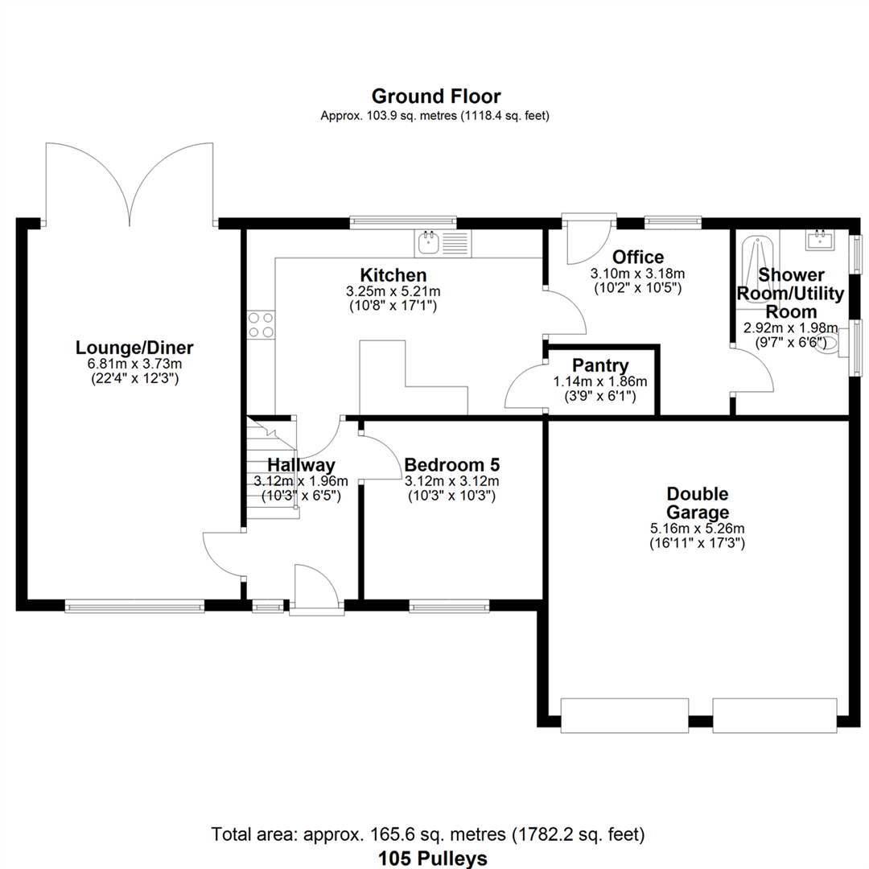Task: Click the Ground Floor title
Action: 436,97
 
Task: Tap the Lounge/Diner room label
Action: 134,348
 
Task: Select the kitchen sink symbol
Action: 443,244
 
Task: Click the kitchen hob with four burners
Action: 261,325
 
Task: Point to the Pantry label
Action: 600,366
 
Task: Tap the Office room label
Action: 638,257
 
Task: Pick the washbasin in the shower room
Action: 819,241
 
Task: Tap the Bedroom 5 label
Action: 451,464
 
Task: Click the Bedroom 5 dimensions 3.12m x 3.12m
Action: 451,481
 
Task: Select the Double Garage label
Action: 697,503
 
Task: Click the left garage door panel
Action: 624,715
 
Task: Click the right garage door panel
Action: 774,715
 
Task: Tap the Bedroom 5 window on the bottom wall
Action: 449,607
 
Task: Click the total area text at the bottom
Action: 428,834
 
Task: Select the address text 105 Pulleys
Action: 432,859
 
